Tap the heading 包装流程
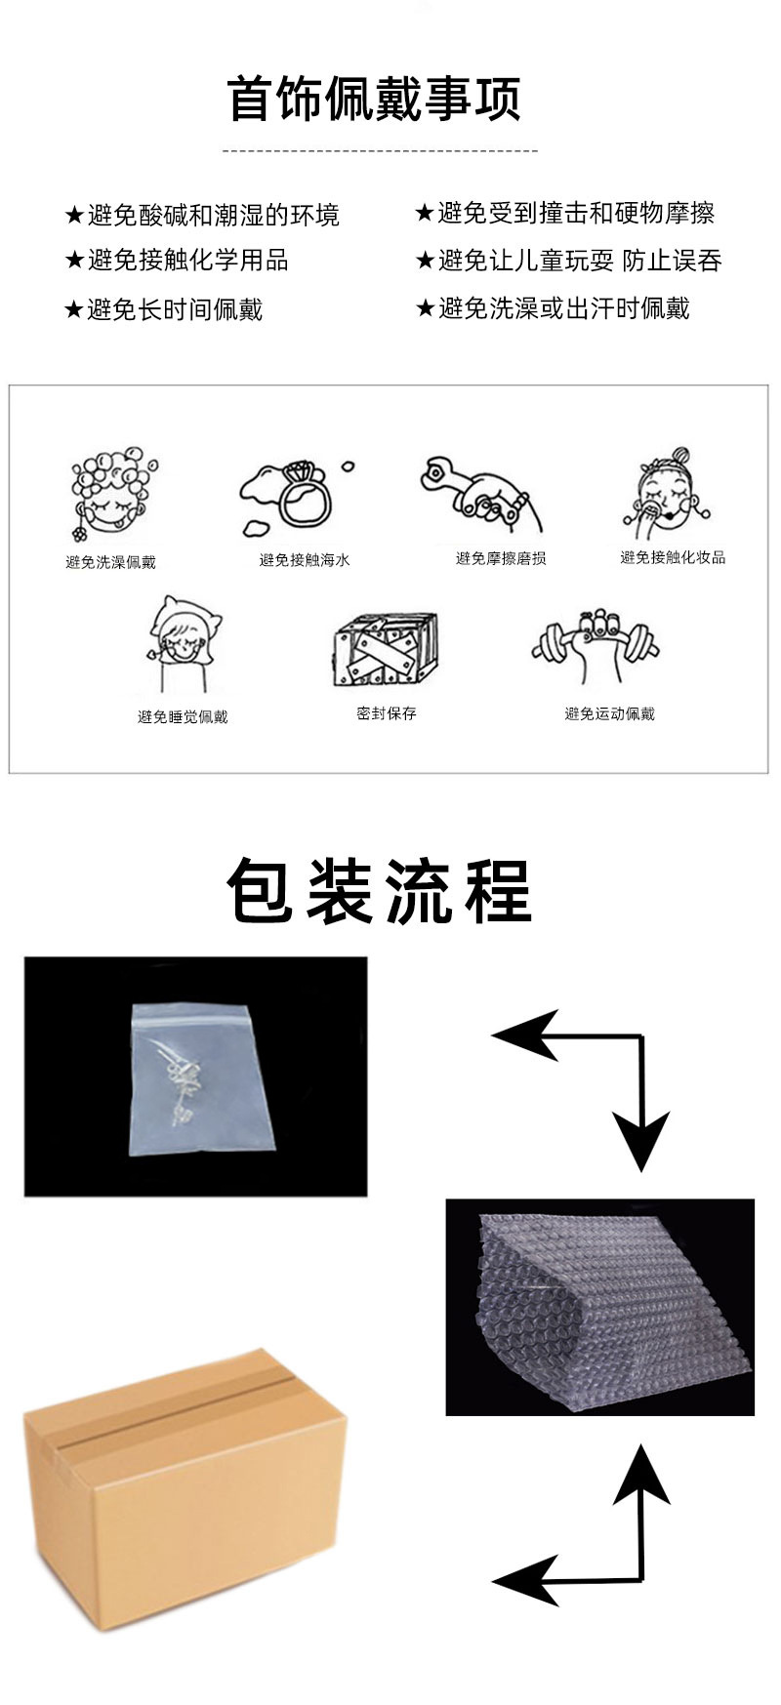point(380,890)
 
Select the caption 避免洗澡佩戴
point(110,562)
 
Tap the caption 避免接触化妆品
point(673,557)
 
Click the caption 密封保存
point(387,713)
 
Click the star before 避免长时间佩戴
point(73,310)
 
